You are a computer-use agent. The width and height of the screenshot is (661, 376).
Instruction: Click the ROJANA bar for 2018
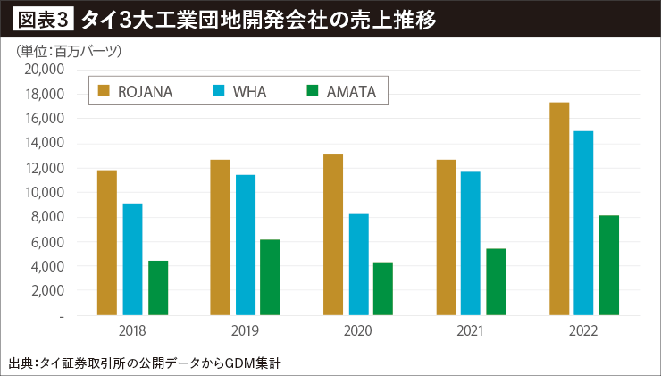pyautogui.click(x=107, y=243)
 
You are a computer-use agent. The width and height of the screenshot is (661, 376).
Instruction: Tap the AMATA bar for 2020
pyautogui.click(x=383, y=288)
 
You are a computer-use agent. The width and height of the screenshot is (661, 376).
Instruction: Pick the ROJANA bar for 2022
pyautogui.click(x=559, y=209)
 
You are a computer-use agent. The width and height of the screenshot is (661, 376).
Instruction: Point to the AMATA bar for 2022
pyautogui.click(x=609, y=265)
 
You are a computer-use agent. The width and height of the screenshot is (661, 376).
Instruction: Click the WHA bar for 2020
pyautogui.click(x=358, y=264)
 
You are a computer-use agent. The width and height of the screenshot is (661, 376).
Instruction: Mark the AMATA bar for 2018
pyautogui.click(x=158, y=288)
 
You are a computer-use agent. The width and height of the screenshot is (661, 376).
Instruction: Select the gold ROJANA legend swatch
pyautogui.click(x=105, y=90)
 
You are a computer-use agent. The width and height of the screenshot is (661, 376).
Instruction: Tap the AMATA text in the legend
pyautogui.click(x=351, y=90)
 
